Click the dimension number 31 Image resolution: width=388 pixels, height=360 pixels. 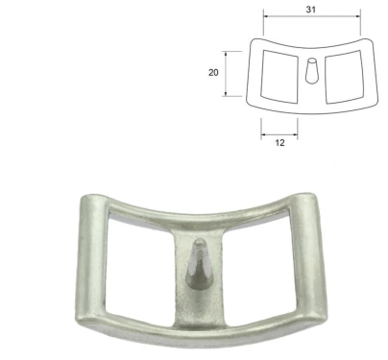[x=311, y=10]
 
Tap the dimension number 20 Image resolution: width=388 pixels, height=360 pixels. [x=213, y=73]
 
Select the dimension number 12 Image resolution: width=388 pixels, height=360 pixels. [x=279, y=143]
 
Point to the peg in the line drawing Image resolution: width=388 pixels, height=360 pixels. [x=311, y=71]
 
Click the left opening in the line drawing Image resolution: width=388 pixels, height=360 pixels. [x=279, y=77]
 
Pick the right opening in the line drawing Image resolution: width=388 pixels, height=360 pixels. [x=345, y=77]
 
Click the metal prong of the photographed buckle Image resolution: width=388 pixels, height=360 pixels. [x=199, y=265]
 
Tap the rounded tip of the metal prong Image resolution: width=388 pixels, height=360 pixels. [x=201, y=242]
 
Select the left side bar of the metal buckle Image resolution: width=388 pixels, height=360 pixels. [x=90, y=256]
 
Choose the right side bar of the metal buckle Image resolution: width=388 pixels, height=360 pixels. [x=308, y=256]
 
